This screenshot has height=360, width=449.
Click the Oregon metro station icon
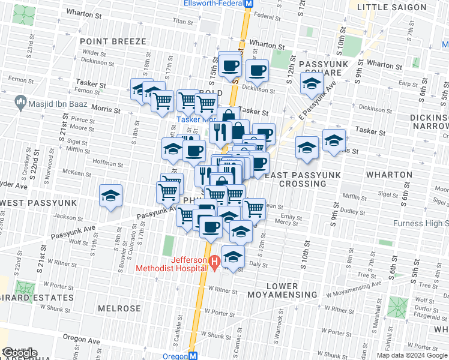click(193, 356)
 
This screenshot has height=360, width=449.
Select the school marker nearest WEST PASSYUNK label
click(110, 196)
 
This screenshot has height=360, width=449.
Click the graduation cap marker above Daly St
click(233, 257)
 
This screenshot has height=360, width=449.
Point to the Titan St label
click(181, 20)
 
